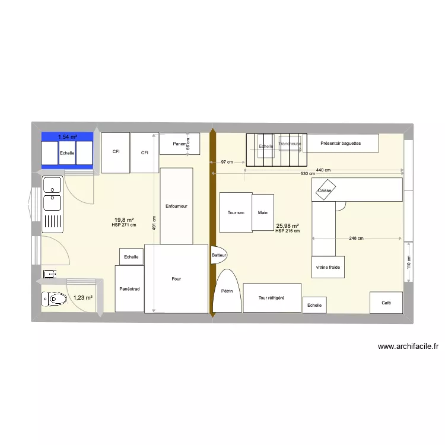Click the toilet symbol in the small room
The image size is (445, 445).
(55, 298)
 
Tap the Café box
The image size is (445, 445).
(386, 303)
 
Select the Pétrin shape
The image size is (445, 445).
(227, 291)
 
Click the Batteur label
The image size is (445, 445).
(219, 255)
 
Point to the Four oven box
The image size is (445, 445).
(176, 278)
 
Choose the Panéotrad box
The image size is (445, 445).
(129, 289)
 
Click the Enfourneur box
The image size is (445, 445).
(176, 206)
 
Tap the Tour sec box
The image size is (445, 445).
(236, 212)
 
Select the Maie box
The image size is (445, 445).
(262, 212)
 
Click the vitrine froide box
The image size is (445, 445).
(328, 267)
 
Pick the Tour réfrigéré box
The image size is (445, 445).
(272, 298)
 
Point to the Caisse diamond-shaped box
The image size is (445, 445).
(325, 190)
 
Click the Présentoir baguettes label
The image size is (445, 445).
(340, 143)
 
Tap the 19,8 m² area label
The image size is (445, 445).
(124, 220)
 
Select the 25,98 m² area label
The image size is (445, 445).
(287, 225)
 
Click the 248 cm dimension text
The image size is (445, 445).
(357, 239)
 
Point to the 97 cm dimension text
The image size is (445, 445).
(226, 162)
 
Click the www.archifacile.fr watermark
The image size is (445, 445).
(408, 347)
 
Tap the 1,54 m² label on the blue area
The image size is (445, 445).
(67, 137)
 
